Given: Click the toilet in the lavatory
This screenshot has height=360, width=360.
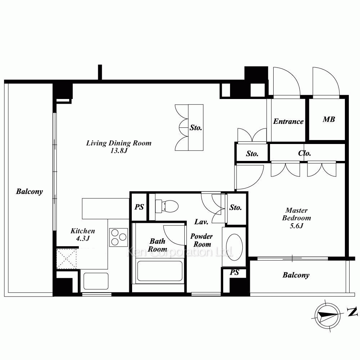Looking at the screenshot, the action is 167,206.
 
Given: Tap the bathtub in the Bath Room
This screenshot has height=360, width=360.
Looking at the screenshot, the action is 160,271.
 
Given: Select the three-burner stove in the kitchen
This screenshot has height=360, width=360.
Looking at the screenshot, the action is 118,237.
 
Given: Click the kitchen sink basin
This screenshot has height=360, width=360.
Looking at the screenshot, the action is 96,281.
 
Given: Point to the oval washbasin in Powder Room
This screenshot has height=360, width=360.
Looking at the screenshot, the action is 234,247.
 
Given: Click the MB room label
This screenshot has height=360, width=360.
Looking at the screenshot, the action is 329,120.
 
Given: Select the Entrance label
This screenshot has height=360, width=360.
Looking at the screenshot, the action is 288,121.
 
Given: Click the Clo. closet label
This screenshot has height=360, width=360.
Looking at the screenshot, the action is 305,153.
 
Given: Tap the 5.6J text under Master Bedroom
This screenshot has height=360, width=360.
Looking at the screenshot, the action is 296,226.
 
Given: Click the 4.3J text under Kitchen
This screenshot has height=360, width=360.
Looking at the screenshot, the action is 83,238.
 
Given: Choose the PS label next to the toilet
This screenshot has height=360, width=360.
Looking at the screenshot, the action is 139,207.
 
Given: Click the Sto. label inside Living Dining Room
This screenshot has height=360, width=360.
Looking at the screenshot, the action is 195,128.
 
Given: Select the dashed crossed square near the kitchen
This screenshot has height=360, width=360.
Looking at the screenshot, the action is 66,259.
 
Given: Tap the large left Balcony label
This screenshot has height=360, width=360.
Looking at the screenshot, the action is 30,192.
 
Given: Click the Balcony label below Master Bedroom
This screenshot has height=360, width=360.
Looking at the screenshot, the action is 296,275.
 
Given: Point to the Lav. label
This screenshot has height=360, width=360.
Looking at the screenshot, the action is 201,222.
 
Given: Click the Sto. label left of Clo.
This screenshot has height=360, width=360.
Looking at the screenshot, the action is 252,154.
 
